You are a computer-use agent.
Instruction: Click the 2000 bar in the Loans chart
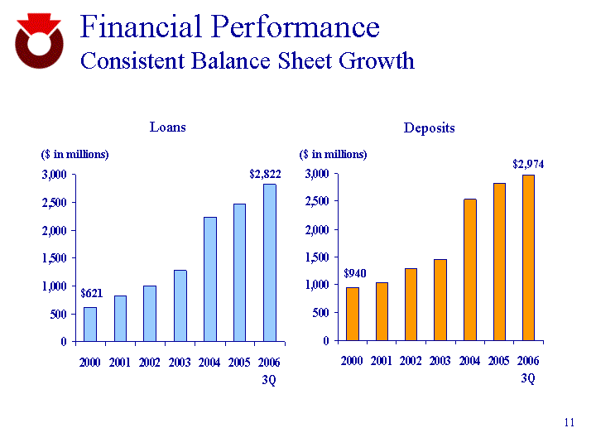click(x=90, y=324)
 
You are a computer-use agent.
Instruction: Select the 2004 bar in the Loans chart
click(x=210, y=279)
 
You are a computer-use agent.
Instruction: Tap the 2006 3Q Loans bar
click(x=270, y=262)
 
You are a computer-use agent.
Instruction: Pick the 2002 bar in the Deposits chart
click(x=411, y=304)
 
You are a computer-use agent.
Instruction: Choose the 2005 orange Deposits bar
click(x=499, y=262)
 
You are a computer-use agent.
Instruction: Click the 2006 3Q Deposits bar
click(x=528, y=257)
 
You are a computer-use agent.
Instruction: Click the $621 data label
click(x=91, y=293)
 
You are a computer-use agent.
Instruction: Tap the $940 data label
click(x=354, y=273)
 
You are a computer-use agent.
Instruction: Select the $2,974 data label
click(x=528, y=164)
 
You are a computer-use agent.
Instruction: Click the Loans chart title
click(x=167, y=127)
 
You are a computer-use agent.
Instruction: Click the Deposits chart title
click(x=429, y=128)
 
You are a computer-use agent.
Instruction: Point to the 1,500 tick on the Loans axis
click(x=55, y=258)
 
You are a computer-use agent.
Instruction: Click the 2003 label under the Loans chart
click(x=180, y=363)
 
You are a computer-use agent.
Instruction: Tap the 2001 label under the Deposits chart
click(x=382, y=362)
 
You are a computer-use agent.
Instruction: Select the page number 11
click(x=569, y=423)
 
